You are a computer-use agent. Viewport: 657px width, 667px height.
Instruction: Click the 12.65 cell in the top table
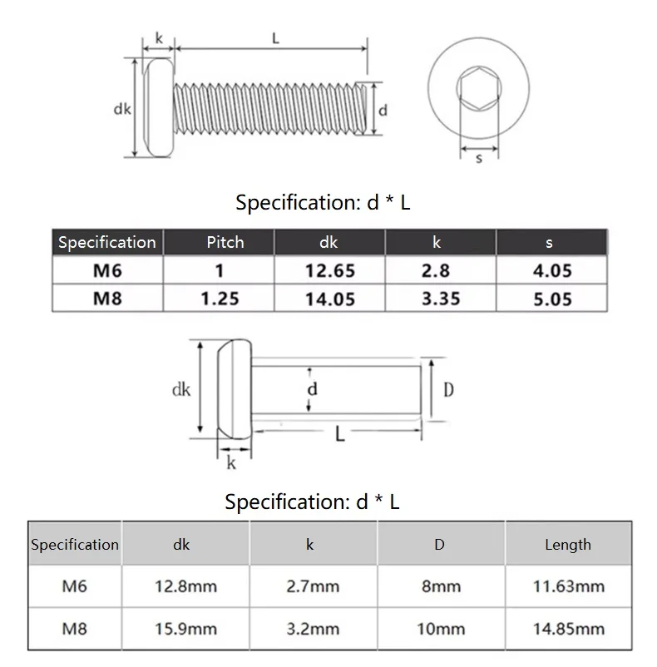330,270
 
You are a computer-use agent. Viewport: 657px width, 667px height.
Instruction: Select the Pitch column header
225,242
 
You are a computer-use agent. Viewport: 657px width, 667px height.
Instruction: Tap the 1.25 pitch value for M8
220,299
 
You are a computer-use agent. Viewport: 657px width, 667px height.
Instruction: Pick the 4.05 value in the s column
552,270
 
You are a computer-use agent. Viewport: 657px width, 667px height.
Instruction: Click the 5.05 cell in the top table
552,299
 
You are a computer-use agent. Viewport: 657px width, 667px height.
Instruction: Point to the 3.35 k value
441,299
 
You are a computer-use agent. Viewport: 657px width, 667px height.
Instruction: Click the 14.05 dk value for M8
330,299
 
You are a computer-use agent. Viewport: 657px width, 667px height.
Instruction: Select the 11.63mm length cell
569,586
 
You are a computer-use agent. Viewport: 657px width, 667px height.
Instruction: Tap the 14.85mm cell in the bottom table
569,629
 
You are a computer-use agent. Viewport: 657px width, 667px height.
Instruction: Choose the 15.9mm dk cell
185,629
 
